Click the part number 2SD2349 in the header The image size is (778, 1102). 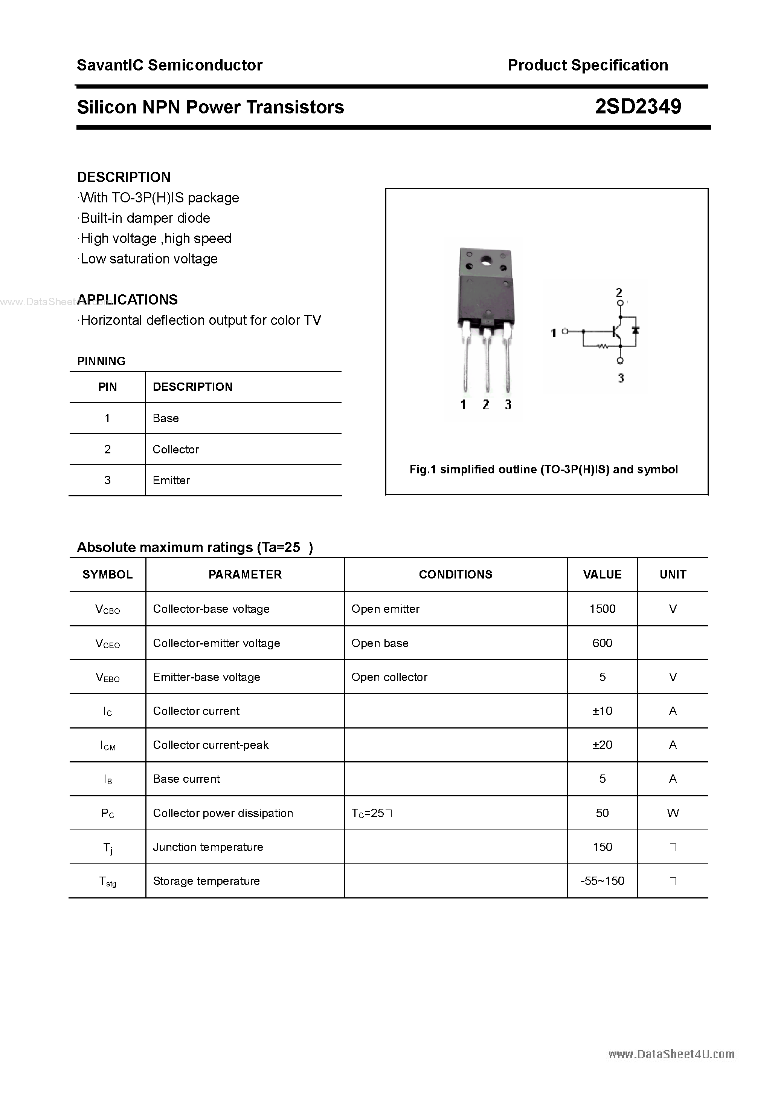pyautogui.click(x=638, y=107)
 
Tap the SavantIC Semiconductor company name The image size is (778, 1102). pyautogui.click(x=169, y=65)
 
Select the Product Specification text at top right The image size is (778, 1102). pyautogui.click(x=587, y=65)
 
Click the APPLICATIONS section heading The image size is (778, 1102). pyautogui.click(x=127, y=300)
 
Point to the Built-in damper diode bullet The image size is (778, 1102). pyautogui.click(x=145, y=218)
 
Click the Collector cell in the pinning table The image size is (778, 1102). pyautogui.click(x=175, y=449)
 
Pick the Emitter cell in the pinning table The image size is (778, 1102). pyautogui.click(x=171, y=480)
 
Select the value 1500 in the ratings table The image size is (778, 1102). pyautogui.click(x=602, y=609)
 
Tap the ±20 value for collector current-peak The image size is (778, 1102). pyautogui.click(x=602, y=745)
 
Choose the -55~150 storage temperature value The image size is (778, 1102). pyautogui.click(x=602, y=881)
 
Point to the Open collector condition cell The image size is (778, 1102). pyautogui.click(x=389, y=677)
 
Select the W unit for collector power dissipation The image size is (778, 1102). pyautogui.click(x=673, y=813)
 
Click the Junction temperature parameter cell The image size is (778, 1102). pyautogui.click(x=208, y=847)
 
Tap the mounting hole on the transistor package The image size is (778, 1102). pyautogui.click(x=486, y=262)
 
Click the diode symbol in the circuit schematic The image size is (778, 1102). pyautogui.click(x=636, y=330)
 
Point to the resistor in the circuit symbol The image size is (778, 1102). pyautogui.click(x=603, y=346)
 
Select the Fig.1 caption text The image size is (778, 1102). pyautogui.click(x=543, y=470)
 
